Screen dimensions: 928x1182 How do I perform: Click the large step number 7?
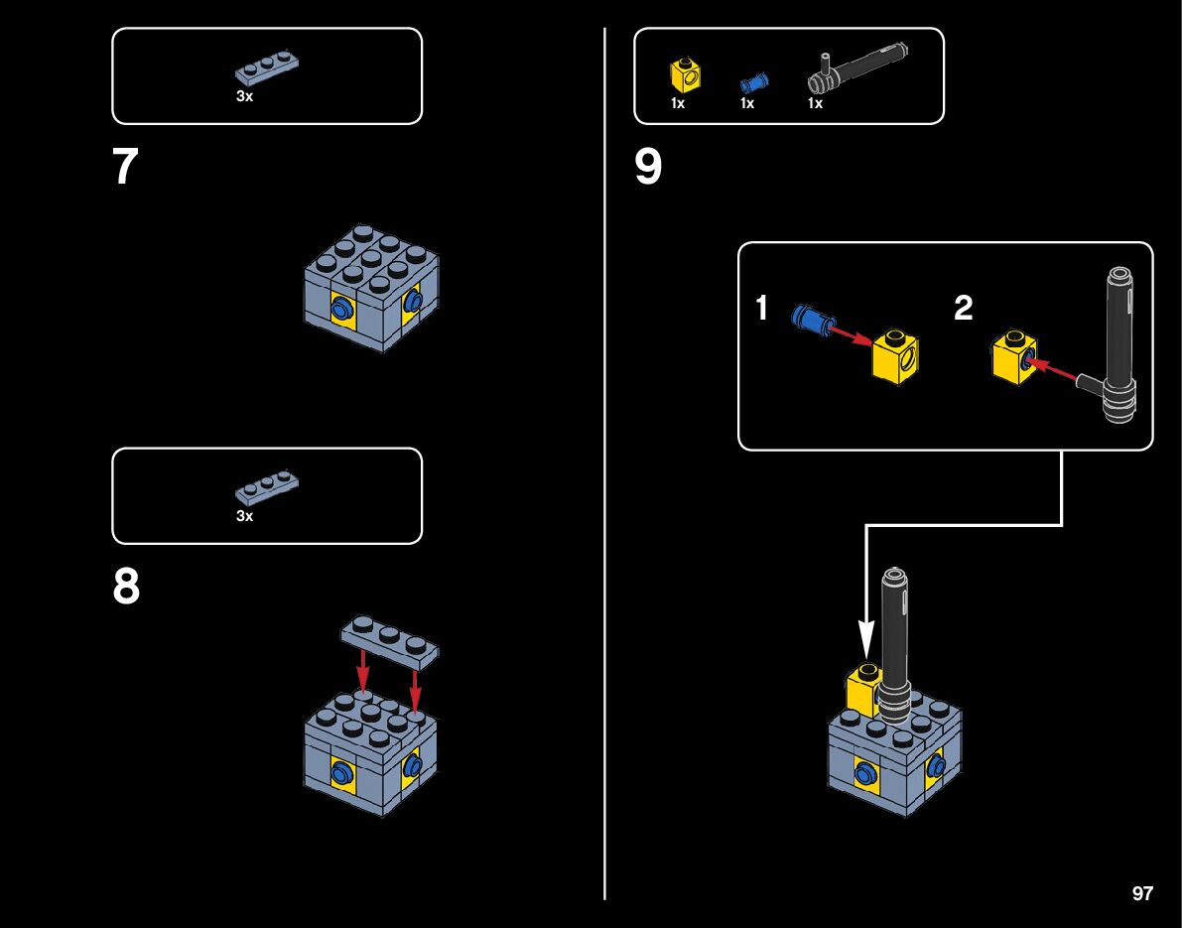tap(125, 168)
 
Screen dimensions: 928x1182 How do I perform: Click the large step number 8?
tap(126, 588)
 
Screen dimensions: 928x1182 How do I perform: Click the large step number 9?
tap(648, 168)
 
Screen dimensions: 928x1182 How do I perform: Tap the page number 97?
tap(1142, 893)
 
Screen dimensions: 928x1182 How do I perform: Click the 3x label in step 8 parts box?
tap(244, 516)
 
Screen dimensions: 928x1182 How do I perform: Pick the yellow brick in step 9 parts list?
tap(686, 74)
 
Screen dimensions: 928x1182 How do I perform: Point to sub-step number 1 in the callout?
tap(761, 309)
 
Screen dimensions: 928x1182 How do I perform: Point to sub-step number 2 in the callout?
tap(963, 309)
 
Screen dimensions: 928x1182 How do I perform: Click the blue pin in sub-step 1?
tap(809, 320)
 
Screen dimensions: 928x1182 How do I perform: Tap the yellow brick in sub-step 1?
tap(895, 354)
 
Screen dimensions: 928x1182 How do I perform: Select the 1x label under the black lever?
tap(815, 103)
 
